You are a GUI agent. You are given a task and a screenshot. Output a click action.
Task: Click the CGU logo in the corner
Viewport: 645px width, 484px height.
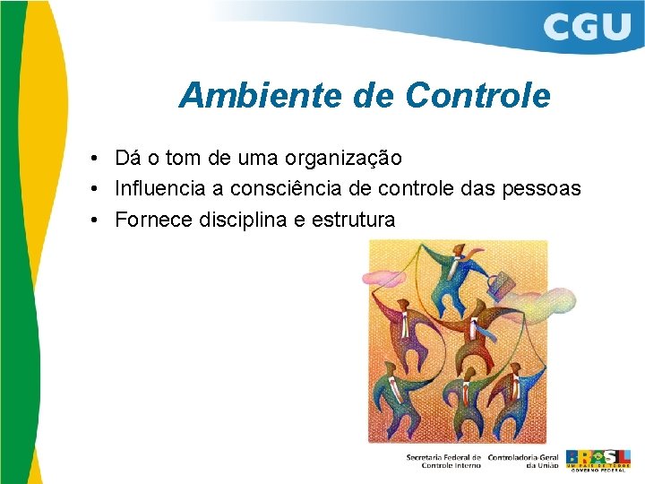pos(586,28)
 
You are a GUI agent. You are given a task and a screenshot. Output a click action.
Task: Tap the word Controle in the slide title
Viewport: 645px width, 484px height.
pos(477,95)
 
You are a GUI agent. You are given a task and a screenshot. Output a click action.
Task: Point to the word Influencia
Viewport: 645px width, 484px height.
pos(160,189)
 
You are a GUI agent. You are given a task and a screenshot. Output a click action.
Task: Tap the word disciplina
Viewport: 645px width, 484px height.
pos(245,220)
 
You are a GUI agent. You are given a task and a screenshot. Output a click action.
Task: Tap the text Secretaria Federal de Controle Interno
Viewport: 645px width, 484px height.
pos(443,461)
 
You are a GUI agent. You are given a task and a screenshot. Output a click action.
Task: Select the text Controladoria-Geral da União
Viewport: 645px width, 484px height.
pos(524,461)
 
